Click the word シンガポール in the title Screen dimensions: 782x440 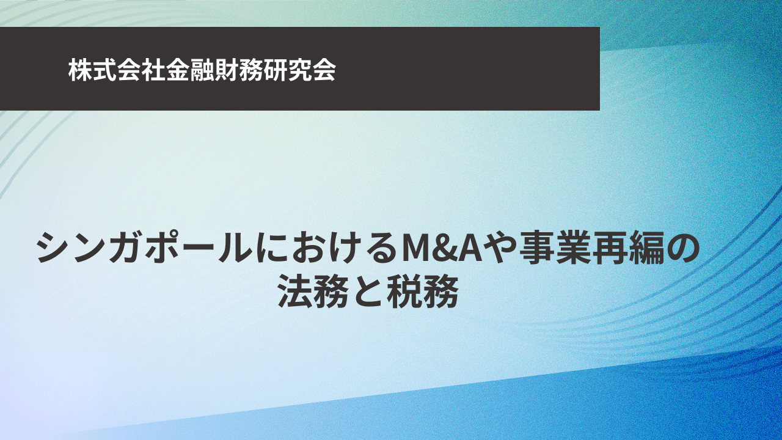point(145,249)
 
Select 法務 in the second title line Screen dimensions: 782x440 point(313,292)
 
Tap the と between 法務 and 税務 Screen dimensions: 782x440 point(368,292)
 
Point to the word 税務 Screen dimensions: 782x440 point(422,292)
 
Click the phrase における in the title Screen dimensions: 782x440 point(327,249)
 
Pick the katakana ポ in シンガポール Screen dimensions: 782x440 point(163,249)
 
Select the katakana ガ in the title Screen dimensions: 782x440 point(126,249)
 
